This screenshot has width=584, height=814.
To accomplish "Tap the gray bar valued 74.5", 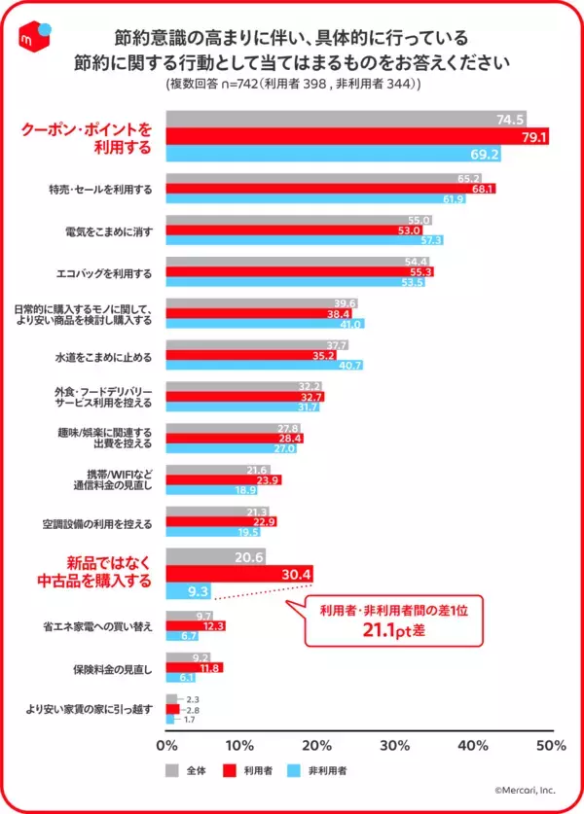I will point(346,120).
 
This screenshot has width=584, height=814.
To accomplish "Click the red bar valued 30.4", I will point(240,573).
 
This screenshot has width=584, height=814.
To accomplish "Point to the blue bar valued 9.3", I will point(189,590).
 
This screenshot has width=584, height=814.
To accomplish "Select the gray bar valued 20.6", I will point(214,556).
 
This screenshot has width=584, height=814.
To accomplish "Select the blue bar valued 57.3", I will point(305,240).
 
